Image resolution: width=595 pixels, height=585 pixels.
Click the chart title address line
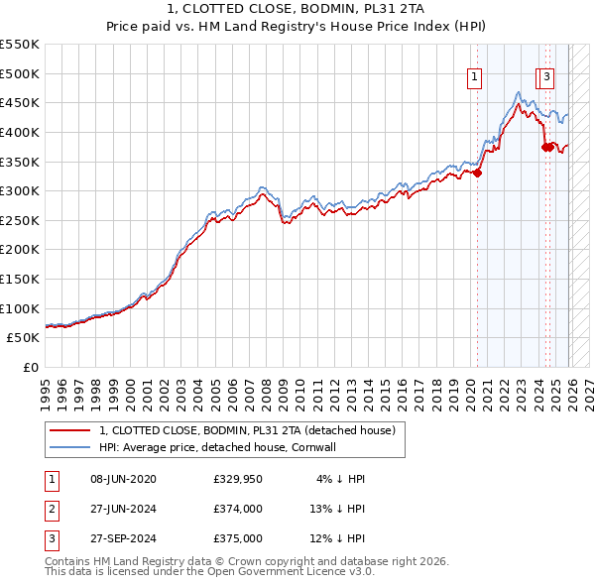(x=297, y=10)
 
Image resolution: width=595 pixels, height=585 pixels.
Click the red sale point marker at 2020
(x=478, y=173)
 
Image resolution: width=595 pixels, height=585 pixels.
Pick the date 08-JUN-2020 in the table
(x=123, y=479)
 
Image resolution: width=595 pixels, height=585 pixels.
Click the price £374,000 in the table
(x=238, y=509)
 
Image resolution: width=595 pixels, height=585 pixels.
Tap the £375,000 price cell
(x=238, y=538)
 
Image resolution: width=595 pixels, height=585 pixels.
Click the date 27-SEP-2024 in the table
(x=123, y=538)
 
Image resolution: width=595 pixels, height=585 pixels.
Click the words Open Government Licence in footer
(x=297, y=572)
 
